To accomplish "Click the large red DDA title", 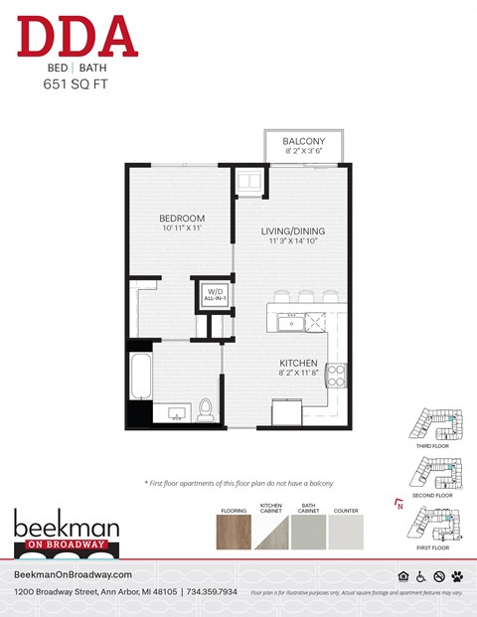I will click(x=77, y=37).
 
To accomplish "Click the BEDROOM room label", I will click(x=182, y=219).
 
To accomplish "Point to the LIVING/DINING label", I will click(x=293, y=231).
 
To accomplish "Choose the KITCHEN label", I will click(x=298, y=364).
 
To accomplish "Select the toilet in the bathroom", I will click(x=207, y=408).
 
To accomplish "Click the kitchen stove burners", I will click(x=337, y=375).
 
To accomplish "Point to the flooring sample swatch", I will click(x=233, y=533).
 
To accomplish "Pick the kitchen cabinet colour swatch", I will click(x=271, y=533).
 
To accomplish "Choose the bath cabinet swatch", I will click(x=309, y=533).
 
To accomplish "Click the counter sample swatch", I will click(x=347, y=533).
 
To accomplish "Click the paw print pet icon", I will click(x=456, y=576).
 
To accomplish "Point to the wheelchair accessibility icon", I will click(x=420, y=576).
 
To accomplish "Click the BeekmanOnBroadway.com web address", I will click(x=73, y=575).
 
